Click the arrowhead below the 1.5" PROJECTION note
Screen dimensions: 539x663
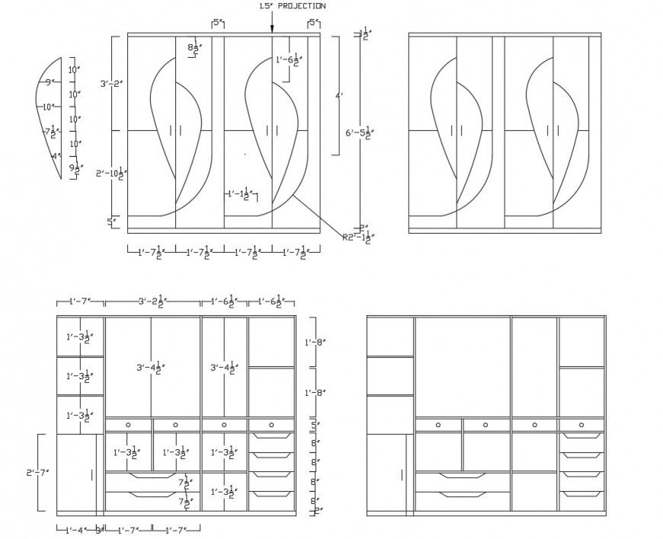271,28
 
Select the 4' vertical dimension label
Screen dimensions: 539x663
340,96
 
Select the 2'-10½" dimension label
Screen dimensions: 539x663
111,174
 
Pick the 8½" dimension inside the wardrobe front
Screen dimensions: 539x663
194,48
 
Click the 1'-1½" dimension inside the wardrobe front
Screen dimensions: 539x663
239,195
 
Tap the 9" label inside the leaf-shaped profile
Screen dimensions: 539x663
48,82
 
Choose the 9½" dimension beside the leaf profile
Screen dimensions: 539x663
75,169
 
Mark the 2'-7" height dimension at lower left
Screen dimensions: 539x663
36,473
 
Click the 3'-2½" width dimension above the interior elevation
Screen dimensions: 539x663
153,301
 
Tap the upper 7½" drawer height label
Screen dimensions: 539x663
184,482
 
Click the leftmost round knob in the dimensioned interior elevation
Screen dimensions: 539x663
128,425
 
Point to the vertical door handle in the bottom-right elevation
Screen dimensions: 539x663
402,475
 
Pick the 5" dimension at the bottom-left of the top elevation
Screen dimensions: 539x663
111,222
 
